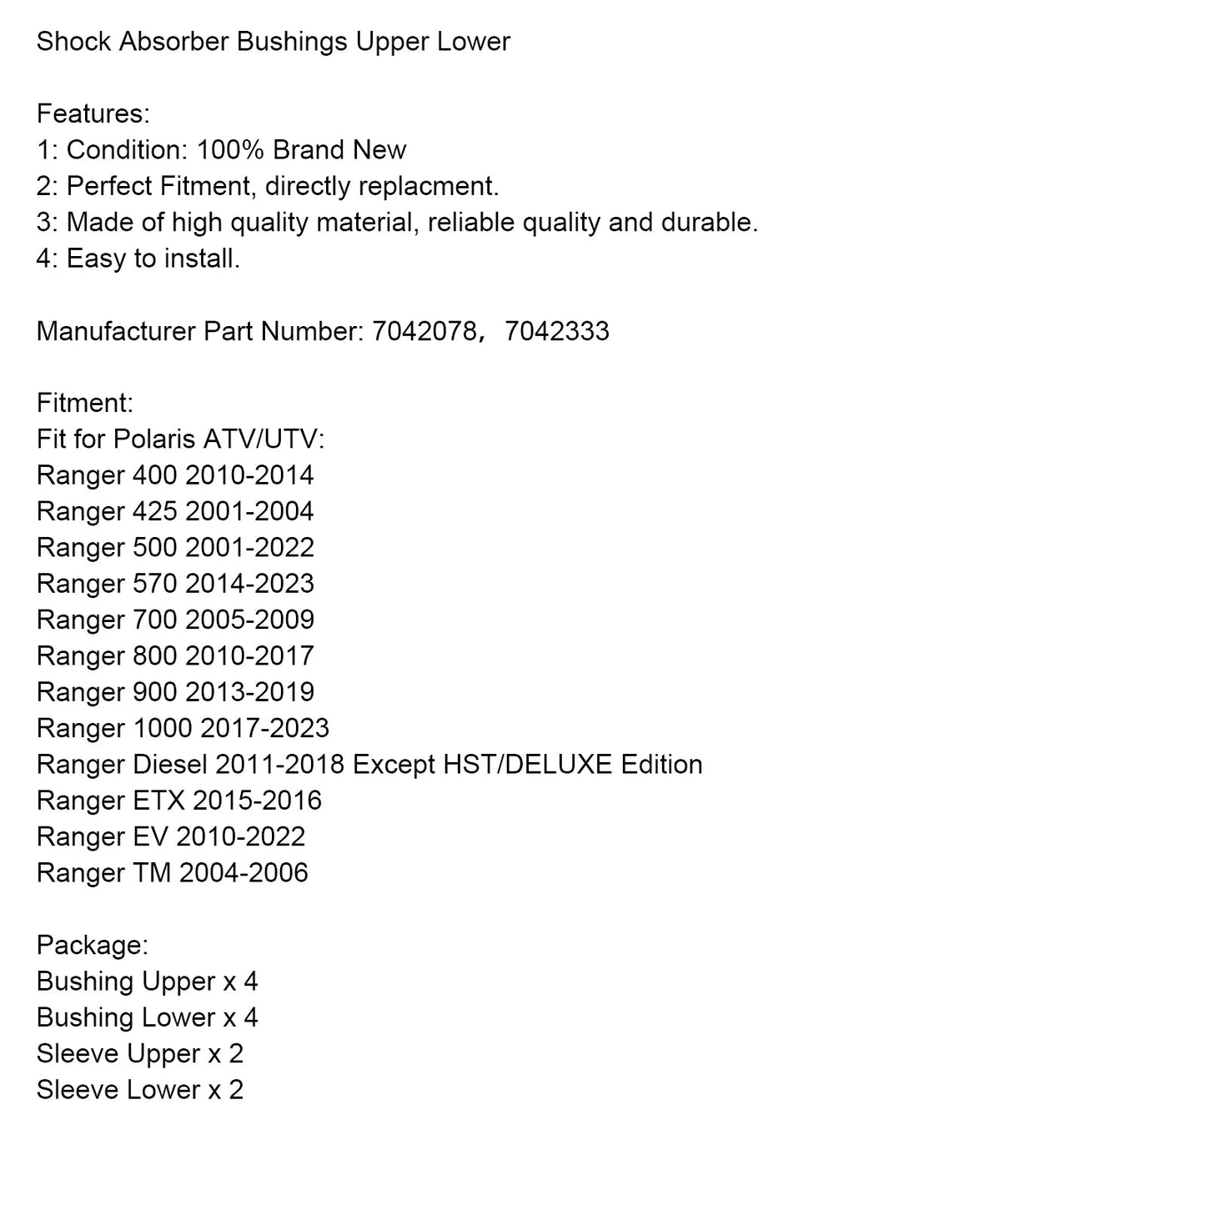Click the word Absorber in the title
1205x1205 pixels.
point(173,42)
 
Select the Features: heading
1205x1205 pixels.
point(93,113)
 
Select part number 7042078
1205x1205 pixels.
point(424,331)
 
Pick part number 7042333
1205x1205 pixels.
point(557,331)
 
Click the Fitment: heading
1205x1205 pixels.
point(85,404)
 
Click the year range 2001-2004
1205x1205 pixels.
point(249,511)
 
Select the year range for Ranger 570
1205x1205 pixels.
point(249,584)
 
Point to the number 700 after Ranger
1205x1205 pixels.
point(154,620)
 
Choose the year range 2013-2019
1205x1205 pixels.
point(249,692)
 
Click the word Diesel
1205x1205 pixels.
point(170,765)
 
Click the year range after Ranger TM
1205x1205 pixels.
point(244,873)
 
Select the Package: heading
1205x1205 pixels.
point(93,945)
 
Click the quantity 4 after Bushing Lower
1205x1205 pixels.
point(250,1017)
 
